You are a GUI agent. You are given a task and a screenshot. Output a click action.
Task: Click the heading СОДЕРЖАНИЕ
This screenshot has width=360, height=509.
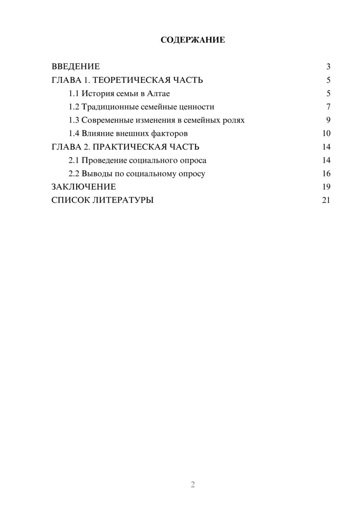click(193, 40)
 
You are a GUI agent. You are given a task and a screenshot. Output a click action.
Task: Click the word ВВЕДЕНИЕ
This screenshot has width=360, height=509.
click(76, 67)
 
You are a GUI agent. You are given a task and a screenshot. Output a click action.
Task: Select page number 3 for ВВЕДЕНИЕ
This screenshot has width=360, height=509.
click(328, 67)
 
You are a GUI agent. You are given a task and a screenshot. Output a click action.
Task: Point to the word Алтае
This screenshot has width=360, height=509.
click(158, 94)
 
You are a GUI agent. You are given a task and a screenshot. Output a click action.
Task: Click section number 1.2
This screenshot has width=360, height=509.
click(74, 107)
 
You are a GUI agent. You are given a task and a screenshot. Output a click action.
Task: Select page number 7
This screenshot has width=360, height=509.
click(328, 107)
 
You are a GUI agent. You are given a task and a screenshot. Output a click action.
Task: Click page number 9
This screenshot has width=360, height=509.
click(328, 120)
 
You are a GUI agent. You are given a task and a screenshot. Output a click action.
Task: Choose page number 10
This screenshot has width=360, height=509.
click(326, 134)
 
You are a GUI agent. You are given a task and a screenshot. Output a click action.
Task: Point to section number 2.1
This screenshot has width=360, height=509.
click(74, 160)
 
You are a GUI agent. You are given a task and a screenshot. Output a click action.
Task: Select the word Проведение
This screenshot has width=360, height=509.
click(104, 160)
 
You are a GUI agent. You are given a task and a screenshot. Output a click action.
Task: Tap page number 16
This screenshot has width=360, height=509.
click(326, 174)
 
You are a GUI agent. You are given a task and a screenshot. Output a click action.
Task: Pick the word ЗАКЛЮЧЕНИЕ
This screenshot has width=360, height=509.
click(84, 187)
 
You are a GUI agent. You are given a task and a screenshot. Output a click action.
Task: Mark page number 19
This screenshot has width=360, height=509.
click(326, 187)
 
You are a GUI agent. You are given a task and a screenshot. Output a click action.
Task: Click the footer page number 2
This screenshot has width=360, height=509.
click(193, 485)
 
